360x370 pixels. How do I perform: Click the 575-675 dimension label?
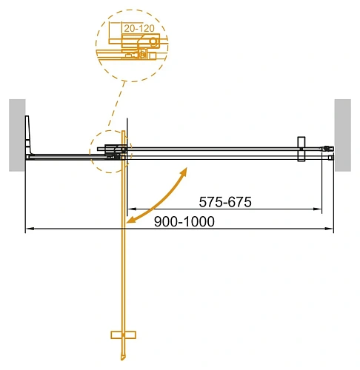[x=227, y=201]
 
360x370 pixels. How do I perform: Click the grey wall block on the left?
[x=17, y=134]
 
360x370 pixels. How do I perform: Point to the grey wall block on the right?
[x=342, y=134]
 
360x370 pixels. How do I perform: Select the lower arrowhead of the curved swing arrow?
[x=130, y=220]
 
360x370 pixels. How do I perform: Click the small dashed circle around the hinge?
[x=109, y=152]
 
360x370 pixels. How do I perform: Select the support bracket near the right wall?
[x=301, y=148]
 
